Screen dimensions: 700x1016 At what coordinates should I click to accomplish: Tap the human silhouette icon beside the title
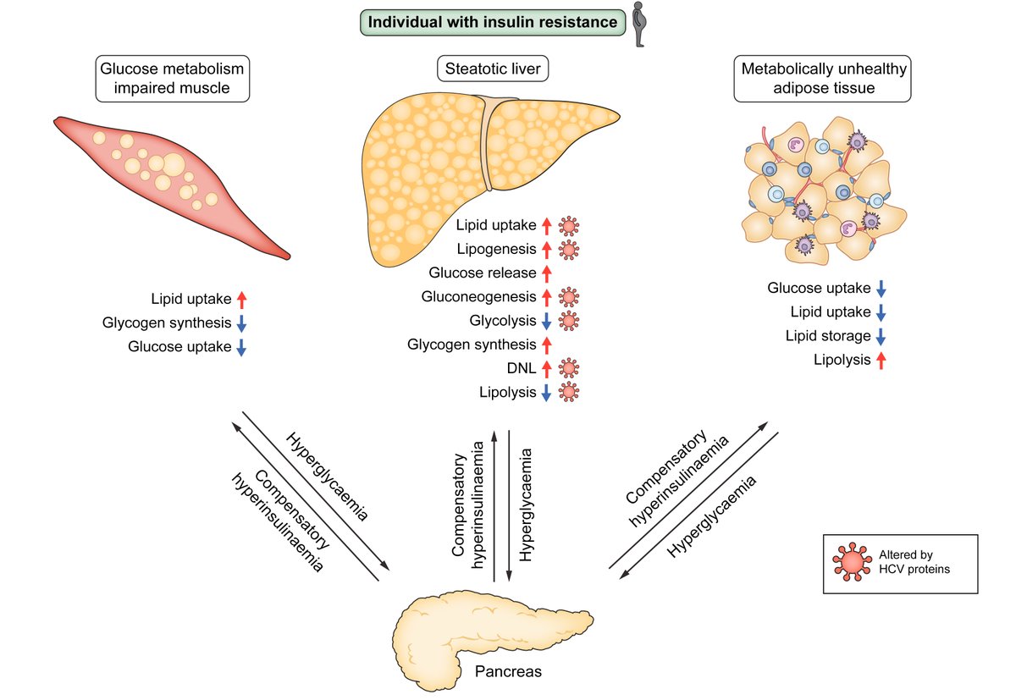click(x=643, y=24)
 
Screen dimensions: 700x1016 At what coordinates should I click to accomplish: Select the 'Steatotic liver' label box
click(x=492, y=69)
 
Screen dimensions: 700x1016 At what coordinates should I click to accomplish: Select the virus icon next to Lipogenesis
click(x=569, y=250)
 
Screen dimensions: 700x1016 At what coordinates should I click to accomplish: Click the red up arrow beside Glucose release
click(x=546, y=273)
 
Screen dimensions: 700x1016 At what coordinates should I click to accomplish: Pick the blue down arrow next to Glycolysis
click(x=546, y=321)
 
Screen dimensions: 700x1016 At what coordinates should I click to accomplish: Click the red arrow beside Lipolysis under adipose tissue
click(x=881, y=360)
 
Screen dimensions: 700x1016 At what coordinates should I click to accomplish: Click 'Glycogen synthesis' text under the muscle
click(x=167, y=322)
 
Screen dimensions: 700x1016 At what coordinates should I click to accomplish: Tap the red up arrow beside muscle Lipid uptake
click(x=241, y=299)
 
